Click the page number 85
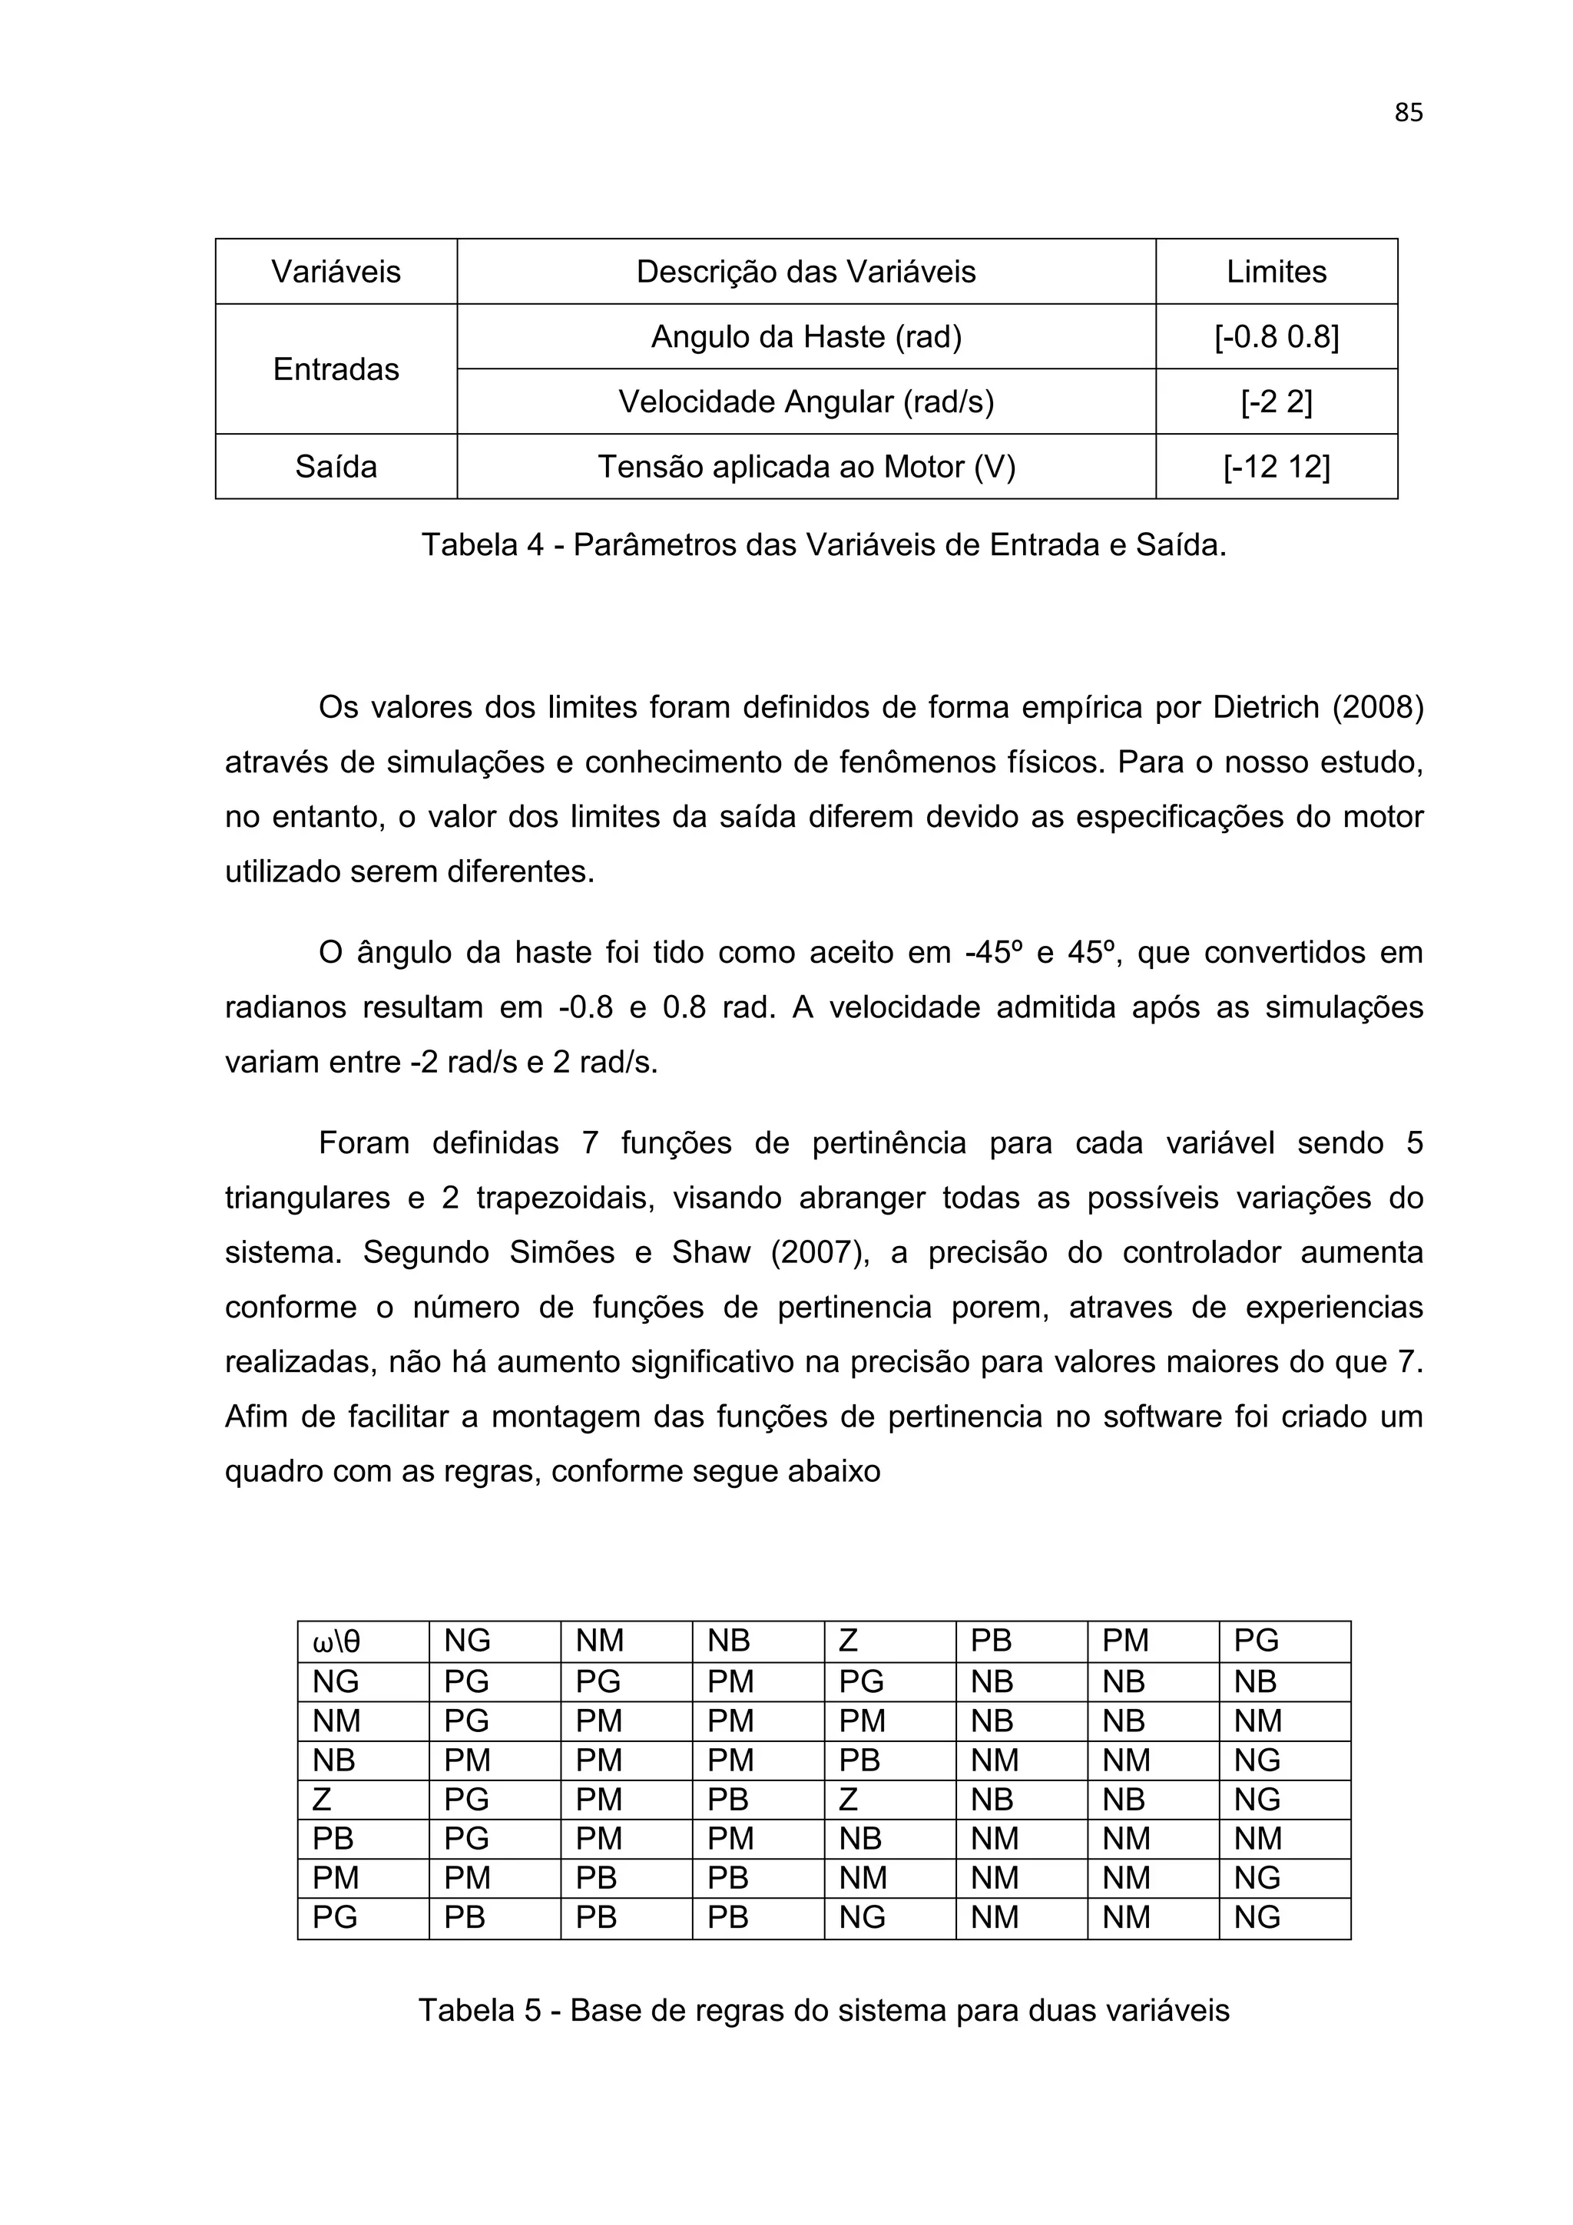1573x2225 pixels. (1407, 114)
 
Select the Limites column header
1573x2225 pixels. (1276, 271)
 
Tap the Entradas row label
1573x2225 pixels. (336, 369)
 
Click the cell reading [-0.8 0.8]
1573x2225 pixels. (1276, 337)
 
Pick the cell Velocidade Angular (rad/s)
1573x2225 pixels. (806, 402)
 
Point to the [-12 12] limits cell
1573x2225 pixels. (1276, 467)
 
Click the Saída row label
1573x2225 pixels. (336, 467)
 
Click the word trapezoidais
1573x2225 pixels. (563, 1198)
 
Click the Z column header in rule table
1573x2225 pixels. (848, 1641)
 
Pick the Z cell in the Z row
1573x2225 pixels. (848, 1800)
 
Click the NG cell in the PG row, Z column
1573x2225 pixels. (862, 1917)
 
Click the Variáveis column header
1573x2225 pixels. (336, 271)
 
